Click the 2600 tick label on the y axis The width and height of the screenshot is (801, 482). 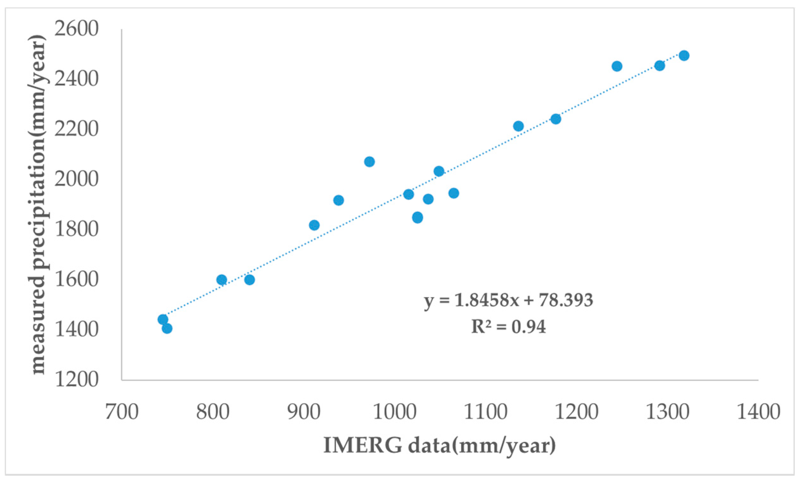point(76,30)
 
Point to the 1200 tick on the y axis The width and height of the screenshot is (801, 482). point(76,379)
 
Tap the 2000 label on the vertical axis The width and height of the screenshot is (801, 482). point(76,179)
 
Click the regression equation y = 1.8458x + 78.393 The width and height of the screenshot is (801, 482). point(509,300)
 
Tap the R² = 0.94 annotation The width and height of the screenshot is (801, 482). point(509,327)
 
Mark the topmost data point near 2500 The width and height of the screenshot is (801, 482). point(684,56)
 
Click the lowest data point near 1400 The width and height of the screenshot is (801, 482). point(167,328)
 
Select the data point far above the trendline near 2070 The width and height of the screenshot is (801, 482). point(369,161)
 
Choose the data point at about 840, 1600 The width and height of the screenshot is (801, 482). point(249,280)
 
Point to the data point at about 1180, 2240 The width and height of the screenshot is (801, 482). point(556,119)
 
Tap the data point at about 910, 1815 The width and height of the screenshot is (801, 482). point(314,225)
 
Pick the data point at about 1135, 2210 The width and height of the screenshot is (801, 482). point(518,126)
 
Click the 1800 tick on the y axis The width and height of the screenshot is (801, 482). point(76,229)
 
